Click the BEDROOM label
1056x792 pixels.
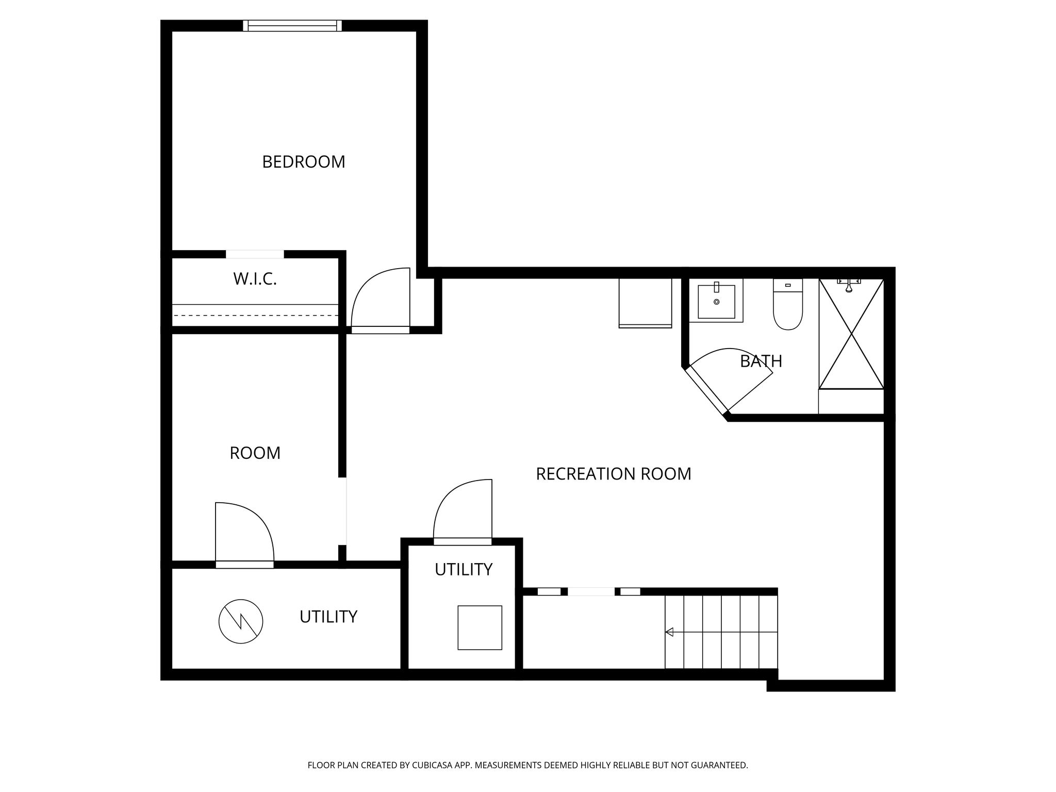coord(304,162)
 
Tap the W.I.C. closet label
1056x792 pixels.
coord(255,279)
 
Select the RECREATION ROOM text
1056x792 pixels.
coord(614,474)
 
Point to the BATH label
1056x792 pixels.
coord(761,361)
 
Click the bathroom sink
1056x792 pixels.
coord(716,301)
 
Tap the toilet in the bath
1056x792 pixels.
coord(788,304)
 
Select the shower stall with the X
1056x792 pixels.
coord(851,334)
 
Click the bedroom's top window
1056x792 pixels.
coord(292,26)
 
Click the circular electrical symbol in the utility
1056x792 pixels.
coord(241,622)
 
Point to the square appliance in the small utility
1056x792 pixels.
coord(480,628)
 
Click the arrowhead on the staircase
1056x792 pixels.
coord(669,632)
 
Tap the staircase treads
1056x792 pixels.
coord(721,632)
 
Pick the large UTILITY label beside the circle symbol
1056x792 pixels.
coord(328,617)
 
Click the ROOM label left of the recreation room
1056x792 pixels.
coord(255,453)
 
